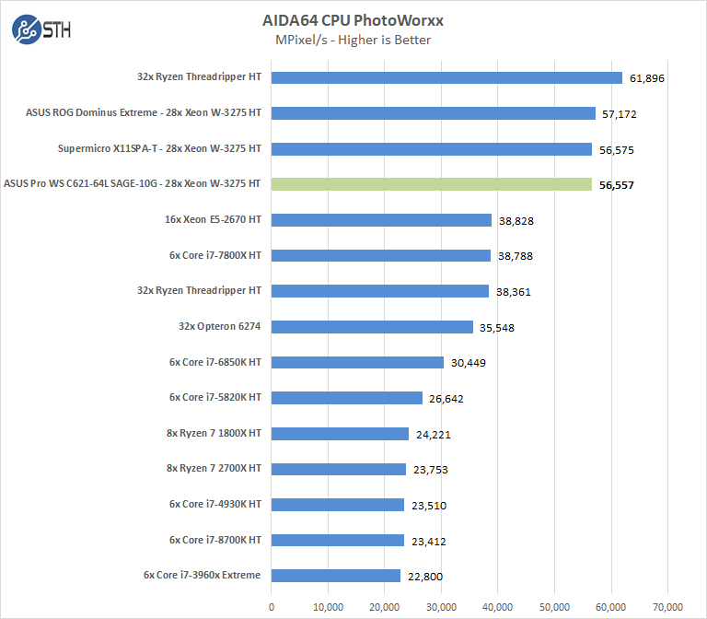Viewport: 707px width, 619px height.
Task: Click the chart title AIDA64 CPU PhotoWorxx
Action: click(353, 20)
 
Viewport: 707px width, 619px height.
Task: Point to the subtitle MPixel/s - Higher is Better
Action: click(353, 40)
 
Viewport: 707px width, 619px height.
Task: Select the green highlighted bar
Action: click(432, 184)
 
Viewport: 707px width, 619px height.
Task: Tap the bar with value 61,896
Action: click(447, 77)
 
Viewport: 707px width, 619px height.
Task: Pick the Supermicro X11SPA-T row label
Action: click(159, 148)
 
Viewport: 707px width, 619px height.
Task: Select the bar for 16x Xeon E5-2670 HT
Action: click(382, 220)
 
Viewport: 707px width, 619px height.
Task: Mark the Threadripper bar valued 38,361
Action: click(380, 291)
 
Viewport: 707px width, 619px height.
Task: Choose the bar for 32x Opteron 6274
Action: click(372, 326)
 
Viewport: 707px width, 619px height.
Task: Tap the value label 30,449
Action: click(468, 363)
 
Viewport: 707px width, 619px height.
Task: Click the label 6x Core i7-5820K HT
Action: click(215, 397)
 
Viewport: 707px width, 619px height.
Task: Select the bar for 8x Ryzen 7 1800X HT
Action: click(340, 433)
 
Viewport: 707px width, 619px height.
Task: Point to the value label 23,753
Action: click(430, 470)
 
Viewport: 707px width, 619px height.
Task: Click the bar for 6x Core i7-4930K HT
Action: click(338, 504)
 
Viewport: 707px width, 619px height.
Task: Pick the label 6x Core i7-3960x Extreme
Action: click(202, 575)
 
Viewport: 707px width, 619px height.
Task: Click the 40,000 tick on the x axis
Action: click(497, 606)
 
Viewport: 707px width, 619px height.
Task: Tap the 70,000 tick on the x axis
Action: click(667, 606)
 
